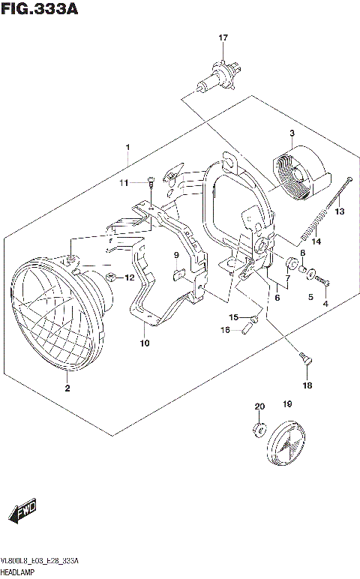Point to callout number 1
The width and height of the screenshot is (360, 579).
(128, 146)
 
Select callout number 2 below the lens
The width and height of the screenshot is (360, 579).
(67, 388)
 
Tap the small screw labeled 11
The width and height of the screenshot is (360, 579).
(150, 180)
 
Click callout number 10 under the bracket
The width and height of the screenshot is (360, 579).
(144, 343)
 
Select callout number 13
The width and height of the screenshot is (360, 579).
(339, 212)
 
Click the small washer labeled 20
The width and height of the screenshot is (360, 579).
(259, 429)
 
